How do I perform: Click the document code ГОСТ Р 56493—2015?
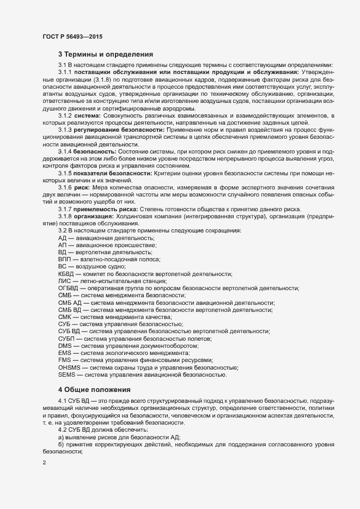coord(72,36)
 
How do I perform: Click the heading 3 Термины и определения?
coord(105,54)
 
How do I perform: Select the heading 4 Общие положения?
coord(94,389)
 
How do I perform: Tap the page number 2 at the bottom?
coord(44,463)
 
